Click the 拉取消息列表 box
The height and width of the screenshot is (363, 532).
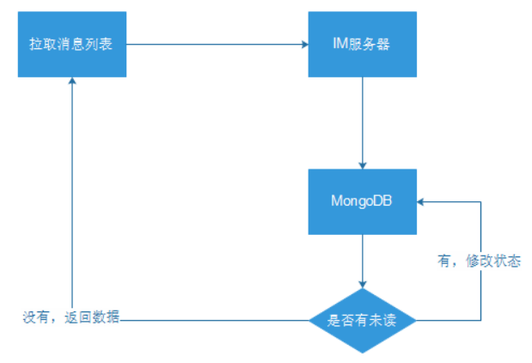pyautogui.click(x=73, y=45)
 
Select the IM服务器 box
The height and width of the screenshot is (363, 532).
pyautogui.click(x=361, y=45)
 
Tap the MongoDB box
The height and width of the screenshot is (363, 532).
pyautogui.click(x=361, y=201)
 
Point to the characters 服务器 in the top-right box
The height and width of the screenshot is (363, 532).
pyautogui.click(x=370, y=45)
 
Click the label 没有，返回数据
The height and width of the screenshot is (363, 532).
pyautogui.click(x=71, y=317)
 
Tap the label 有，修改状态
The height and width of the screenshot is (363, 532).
pyautogui.click(x=479, y=261)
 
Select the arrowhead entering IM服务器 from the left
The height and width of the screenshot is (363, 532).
pyautogui.click(x=305, y=45)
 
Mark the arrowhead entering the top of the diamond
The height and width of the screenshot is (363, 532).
pyautogui.click(x=362, y=283)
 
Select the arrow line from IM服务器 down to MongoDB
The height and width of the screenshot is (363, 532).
pyautogui.click(x=362, y=120)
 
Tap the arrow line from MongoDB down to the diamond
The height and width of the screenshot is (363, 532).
pyautogui.click(x=362, y=258)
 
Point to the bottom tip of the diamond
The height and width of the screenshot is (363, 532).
pyautogui.click(x=362, y=352)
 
